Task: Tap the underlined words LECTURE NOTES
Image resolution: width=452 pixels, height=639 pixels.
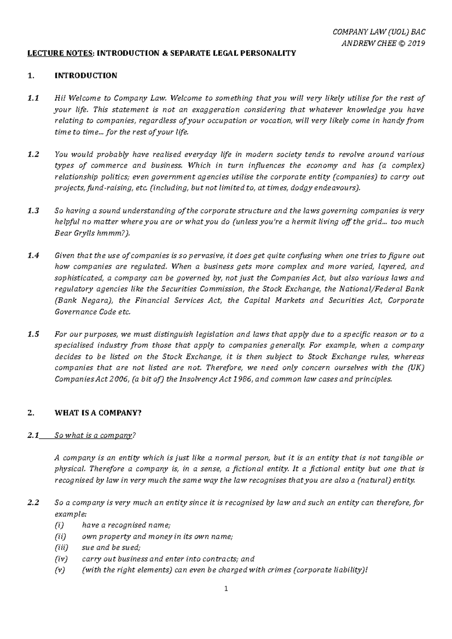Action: pos(60,53)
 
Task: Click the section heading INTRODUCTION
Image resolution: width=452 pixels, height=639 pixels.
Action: pos(86,76)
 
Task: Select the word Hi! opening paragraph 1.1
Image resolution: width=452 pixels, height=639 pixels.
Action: pos(60,99)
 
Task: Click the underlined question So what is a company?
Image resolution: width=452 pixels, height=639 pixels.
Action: pos(94,436)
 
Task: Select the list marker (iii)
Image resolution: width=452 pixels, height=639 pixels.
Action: pos(61,548)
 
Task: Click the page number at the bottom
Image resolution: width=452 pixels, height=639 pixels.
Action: pos(226,589)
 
